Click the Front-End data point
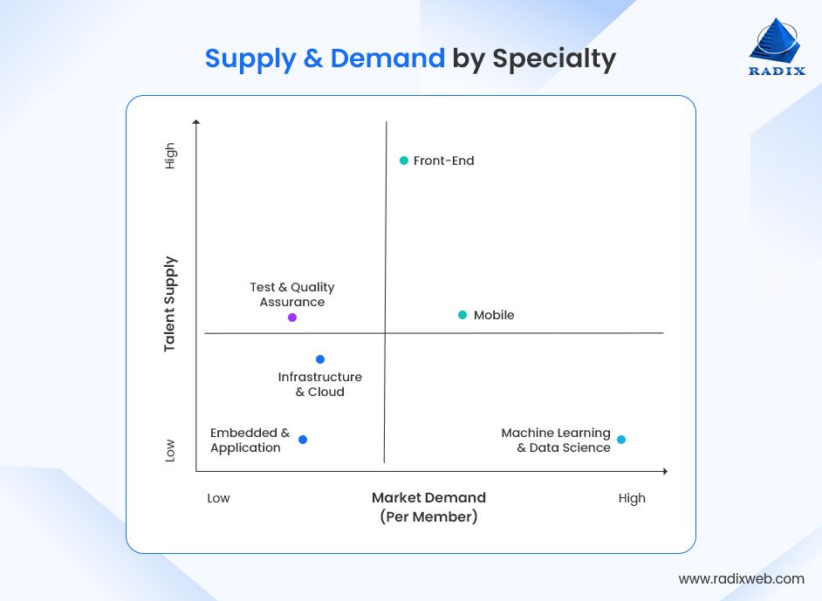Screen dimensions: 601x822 [404, 160]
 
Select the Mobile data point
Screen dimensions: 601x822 [462, 315]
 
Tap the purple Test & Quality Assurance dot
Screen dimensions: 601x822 [292, 318]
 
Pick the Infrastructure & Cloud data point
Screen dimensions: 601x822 [320, 359]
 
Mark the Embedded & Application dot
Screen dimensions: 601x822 [303, 440]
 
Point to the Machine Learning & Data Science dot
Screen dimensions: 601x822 [621, 440]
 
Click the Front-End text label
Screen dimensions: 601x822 [443, 160]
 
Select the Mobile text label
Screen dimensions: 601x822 [494, 315]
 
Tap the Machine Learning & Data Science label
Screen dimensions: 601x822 [556, 441]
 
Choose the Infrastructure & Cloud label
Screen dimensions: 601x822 [319, 385]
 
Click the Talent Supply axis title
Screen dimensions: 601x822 [170, 304]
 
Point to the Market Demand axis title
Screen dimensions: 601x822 [428, 498]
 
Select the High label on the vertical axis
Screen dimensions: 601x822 [170, 156]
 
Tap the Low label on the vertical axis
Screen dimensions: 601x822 [170, 450]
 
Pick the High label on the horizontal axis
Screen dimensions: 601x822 [632, 498]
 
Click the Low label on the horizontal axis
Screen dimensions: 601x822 [218, 498]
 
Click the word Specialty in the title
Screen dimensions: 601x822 [554, 58]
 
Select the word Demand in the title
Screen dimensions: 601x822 [387, 58]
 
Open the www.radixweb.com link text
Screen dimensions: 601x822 [741, 578]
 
